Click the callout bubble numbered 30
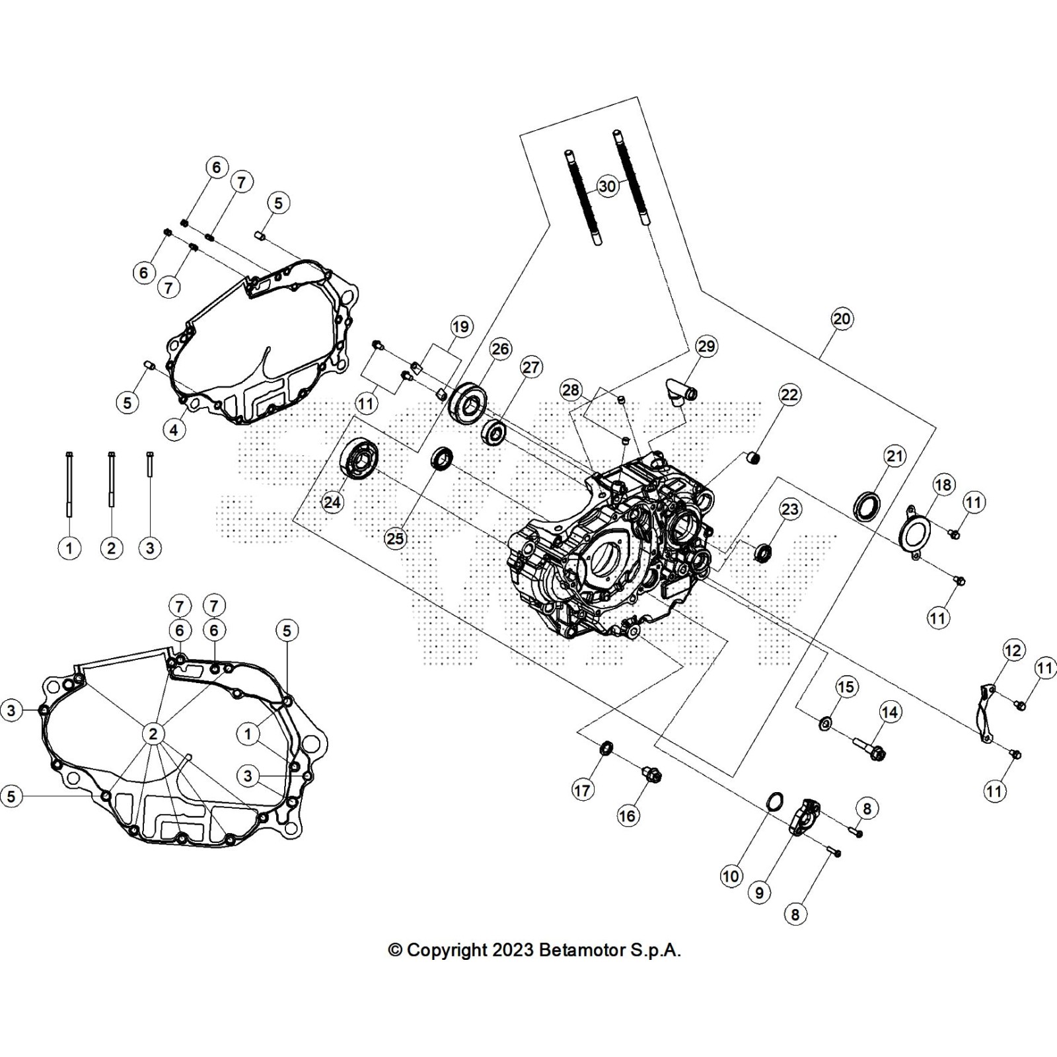click(x=607, y=186)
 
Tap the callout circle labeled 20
click(x=841, y=319)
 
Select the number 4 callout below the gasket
click(x=174, y=430)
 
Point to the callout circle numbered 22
click(x=789, y=395)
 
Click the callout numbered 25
click(x=395, y=538)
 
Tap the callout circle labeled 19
click(x=460, y=326)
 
